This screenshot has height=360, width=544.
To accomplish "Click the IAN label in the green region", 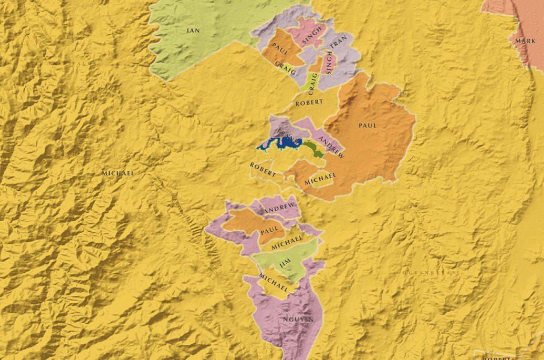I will point(193,30).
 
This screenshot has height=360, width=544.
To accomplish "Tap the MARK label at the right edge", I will point(525,41).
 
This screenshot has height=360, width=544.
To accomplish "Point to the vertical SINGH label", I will point(329,63).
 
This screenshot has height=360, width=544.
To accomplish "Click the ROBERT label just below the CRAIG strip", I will point(309,103).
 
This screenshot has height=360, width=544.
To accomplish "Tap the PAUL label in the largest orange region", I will point(368,126).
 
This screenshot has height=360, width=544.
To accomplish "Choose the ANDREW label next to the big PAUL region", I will point(331,148).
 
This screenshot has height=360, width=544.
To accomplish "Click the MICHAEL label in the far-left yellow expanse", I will point(118,173).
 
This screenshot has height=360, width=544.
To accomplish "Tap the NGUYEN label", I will point(298,319).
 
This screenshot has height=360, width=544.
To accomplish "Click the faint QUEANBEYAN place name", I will point(430,273).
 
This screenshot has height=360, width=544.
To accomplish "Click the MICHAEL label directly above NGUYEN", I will point(274,283).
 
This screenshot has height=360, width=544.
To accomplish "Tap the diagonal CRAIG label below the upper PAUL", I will point(285,68).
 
